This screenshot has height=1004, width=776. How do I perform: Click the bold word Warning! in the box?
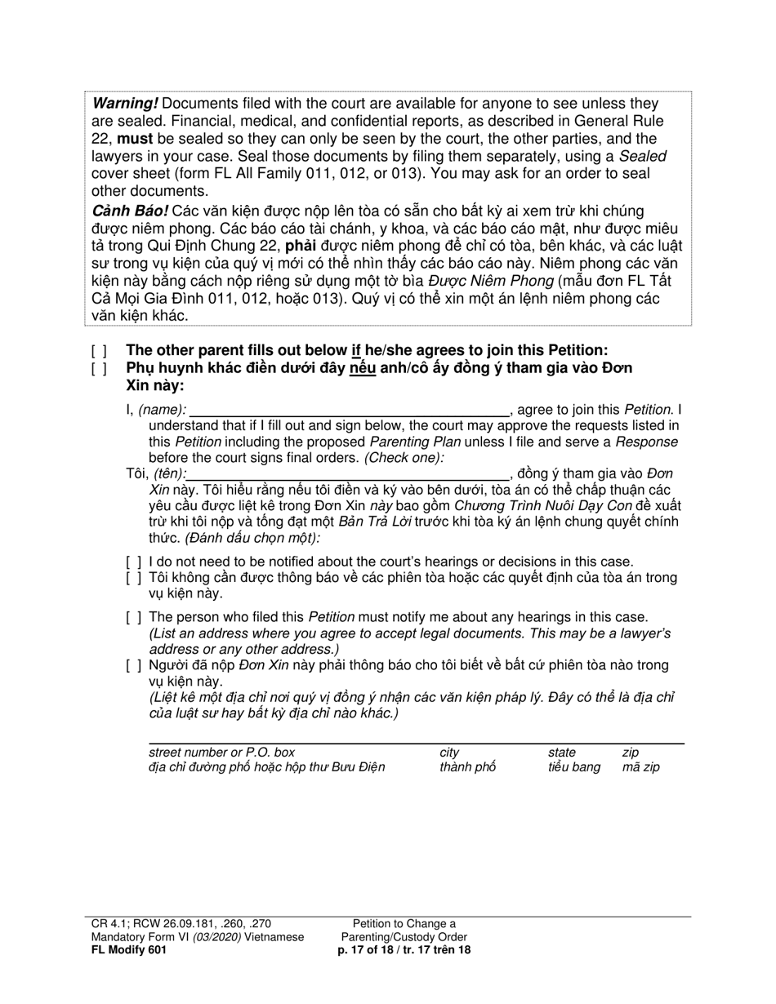click(125, 104)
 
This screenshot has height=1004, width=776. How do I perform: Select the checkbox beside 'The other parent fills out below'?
click(99, 351)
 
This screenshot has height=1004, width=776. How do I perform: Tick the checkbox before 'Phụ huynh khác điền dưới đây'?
click(99, 368)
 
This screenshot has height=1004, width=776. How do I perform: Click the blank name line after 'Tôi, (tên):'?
click(347, 473)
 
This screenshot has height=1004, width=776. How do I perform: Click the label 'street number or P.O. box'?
click(222, 752)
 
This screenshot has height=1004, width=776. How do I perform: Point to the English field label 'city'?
click(448, 752)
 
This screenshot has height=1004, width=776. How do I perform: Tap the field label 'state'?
click(562, 752)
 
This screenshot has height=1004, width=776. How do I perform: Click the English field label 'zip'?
click(631, 752)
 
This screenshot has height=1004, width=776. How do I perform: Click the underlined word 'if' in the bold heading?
click(356, 351)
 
